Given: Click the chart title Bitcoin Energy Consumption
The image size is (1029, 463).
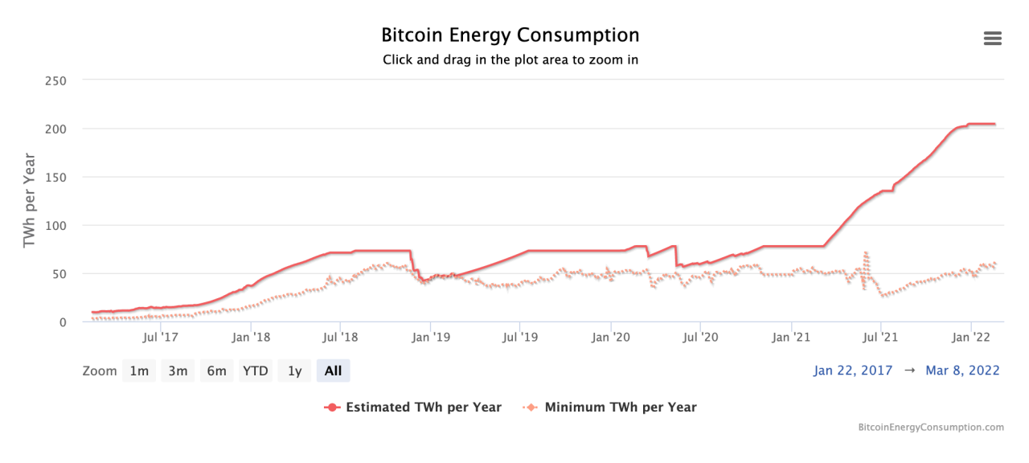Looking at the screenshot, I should point(510,35).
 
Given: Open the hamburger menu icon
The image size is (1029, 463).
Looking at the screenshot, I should point(992,39).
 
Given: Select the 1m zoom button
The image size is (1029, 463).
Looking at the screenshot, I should point(139,371).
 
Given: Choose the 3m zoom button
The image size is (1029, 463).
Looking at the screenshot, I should point(178,371).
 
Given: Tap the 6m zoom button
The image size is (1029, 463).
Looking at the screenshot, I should point(216,371).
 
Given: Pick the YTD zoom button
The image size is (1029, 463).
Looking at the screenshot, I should point(256,371).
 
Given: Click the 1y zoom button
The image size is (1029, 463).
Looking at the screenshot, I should point(295,371).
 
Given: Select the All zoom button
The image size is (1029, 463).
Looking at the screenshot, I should point(333,371).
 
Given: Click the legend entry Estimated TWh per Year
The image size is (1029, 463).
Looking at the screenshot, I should point(413,407).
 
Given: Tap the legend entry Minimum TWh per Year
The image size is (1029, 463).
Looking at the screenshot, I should point(610,407).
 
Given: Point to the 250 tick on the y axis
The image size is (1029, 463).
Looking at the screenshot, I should point(55,80).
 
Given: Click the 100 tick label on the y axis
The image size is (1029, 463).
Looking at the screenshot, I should point(55,225).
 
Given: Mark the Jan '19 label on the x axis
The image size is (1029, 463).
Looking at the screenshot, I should point(431,336).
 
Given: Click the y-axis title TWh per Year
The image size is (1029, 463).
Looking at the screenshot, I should point(30,199).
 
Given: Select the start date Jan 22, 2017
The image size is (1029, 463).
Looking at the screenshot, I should point(853,371).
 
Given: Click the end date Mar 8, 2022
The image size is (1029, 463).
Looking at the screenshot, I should point(962,371).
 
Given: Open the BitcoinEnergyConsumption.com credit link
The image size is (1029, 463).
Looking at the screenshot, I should point(931,428).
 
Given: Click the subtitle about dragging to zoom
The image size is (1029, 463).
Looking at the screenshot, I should point(510,59).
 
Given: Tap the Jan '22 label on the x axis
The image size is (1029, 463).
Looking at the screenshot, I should point(971,336).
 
